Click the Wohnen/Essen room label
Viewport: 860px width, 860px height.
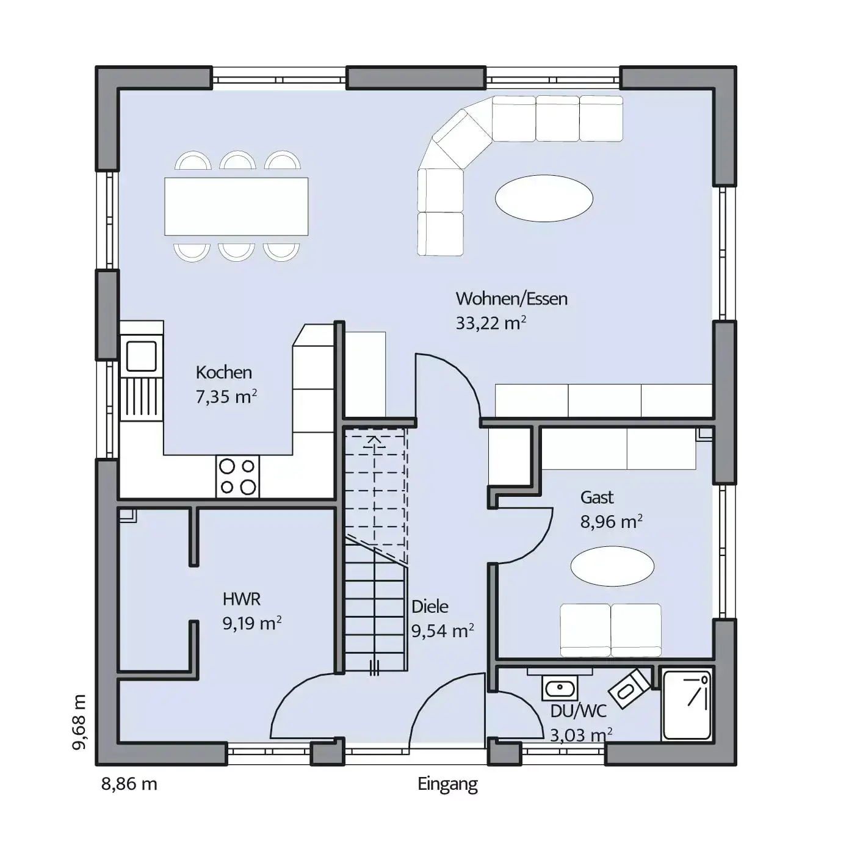tap(511, 299)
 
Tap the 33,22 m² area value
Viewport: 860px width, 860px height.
tap(491, 323)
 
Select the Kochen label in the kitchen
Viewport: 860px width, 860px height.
tap(223, 373)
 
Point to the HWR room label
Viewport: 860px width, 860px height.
tap(242, 599)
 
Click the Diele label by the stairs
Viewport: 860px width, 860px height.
tap(430, 606)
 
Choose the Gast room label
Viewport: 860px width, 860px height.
tap(597, 497)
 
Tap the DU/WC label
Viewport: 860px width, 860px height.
tap(579, 711)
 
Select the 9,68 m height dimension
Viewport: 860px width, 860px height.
tap(79, 722)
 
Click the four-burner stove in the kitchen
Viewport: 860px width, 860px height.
tap(237, 476)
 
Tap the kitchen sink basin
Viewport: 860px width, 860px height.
tap(142, 356)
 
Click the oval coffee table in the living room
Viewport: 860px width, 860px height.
tap(544, 198)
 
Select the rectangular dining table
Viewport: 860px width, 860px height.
tap(236, 206)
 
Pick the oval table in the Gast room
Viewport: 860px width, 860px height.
tap(612, 566)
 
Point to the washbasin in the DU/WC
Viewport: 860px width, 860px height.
tap(560, 688)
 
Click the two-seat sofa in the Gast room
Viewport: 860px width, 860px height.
tap(610, 630)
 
